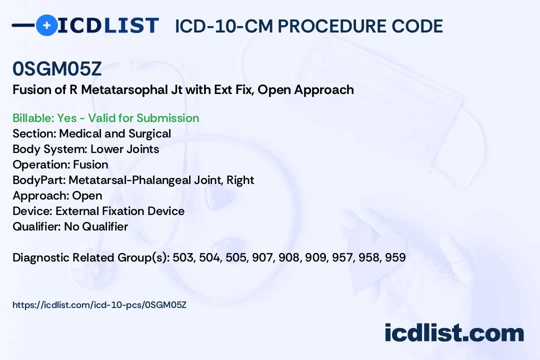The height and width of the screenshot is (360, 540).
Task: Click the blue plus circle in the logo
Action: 46,25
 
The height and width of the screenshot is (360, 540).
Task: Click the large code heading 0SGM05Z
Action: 57,68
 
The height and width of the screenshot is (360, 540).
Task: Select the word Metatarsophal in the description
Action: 124,89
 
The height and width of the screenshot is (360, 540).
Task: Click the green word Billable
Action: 32,118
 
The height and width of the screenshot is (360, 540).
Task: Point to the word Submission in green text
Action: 167,118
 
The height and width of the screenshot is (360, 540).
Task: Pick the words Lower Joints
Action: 124,149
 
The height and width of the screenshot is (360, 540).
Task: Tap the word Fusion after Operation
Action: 90,164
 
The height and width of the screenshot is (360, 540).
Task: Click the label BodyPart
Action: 39,180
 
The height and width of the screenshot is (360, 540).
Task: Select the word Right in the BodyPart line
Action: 240,180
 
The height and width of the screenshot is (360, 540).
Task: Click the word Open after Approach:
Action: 87,196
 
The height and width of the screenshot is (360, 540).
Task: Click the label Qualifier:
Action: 37,226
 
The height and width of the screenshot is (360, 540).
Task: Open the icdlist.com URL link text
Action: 99,305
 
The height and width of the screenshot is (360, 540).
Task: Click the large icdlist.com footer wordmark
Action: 454,333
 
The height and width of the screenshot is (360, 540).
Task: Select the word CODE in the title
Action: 417,26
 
